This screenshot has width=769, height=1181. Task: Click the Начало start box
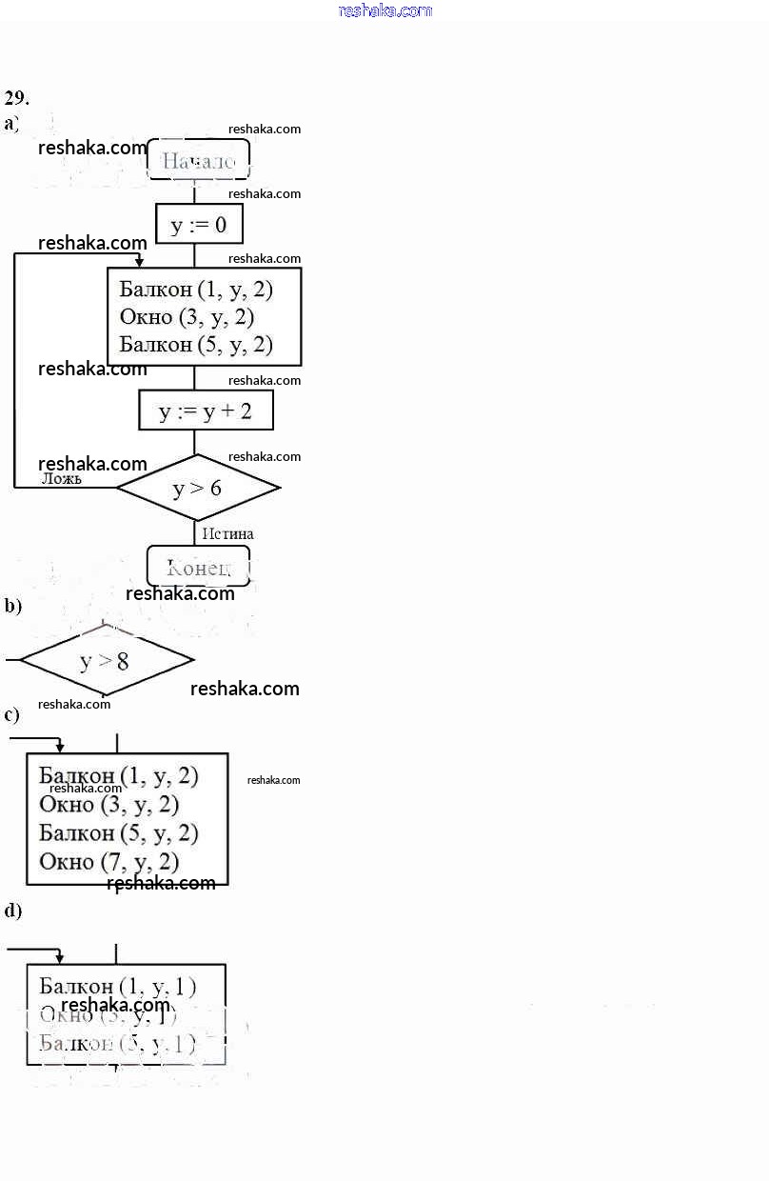pyautogui.click(x=198, y=160)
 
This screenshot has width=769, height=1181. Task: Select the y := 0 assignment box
pyautogui.click(x=199, y=225)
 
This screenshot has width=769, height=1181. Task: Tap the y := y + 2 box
pyautogui.click(x=206, y=411)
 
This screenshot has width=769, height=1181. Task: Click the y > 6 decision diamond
pyautogui.click(x=197, y=488)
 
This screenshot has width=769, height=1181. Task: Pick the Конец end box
pyautogui.click(x=198, y=567)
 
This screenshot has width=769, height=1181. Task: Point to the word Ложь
pyautogui.click(x=62, y=479)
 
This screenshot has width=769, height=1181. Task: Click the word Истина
pyautogui.click(x=227, y=534)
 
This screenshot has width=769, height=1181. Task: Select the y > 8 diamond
pyautogui.click(x=105, y=660)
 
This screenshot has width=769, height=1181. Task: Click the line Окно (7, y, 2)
pyautogui.click(x=109, y=862)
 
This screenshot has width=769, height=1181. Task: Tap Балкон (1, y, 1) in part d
pyautogui.click(x=118, y=987)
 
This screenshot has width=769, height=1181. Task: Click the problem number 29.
pyautogui.click(x=16, y=97)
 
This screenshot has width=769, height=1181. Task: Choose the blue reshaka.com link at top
pyautogui.click(x=384, y=10)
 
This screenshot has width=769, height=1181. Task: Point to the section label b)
pyautogui.click(x=12, y=606)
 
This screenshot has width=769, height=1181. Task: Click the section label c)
pyautogui.click(x=12, y=714)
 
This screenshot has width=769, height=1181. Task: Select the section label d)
pyautogui.click(x=12, y=911)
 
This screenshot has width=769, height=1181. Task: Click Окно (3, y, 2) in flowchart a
pyautogui.click(x=187, y=317)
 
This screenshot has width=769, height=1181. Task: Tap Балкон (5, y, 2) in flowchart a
pyautogui.click(x=196, y=345)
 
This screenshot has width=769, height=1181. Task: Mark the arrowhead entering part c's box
pyautogui.click(x=60, y=748)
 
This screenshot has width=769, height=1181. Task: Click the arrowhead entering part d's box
pyautogui.click(x=60, y=958)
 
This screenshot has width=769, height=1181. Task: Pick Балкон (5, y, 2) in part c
pyautogui.click(x=119, y=833)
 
